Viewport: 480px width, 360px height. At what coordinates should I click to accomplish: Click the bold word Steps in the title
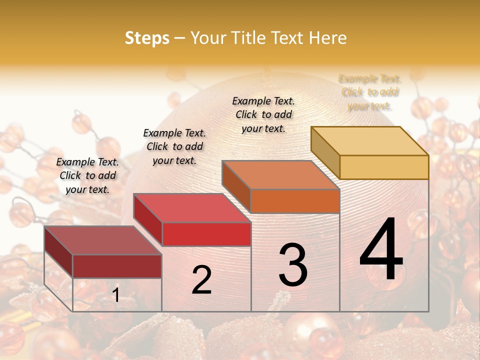click(147, 38)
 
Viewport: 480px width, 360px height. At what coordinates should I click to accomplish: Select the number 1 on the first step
click(116, 295)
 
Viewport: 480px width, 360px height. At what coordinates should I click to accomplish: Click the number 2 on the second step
click(201, 280)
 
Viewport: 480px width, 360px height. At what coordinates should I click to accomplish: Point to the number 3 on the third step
click(293, 265)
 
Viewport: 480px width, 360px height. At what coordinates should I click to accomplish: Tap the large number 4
click(381, 250)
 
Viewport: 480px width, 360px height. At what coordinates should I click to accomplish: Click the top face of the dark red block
click(102, 240)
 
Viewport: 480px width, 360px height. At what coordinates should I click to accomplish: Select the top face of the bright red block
click(191, 208)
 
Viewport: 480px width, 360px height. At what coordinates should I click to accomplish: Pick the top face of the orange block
click(280, 175)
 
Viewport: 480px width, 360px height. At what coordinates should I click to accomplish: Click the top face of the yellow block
click(369, 141)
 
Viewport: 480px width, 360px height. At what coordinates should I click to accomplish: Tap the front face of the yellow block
click(384, 167)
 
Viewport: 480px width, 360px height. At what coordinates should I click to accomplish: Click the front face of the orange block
click(295, 201)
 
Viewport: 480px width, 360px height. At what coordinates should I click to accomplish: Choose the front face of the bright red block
click(206, 234)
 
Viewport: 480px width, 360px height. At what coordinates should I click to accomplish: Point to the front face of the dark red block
click(117, 266)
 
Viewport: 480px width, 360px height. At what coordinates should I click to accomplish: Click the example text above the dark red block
click(87, 175)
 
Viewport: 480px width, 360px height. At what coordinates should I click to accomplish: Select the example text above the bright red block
click(174, 146)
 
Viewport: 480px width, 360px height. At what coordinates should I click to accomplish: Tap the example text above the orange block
click(263, 114)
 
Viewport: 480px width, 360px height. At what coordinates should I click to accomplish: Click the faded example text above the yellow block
click(370, 92)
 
